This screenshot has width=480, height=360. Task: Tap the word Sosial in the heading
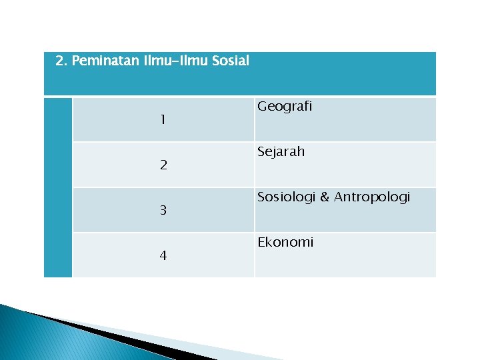tap(231, 61)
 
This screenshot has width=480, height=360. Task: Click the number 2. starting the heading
tap(61, 61)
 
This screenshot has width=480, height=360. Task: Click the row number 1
tap(163, 121)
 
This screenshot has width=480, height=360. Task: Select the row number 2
tap(163, 165)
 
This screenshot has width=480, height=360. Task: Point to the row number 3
tap(163, 211)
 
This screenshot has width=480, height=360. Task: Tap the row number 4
tap(163, 256)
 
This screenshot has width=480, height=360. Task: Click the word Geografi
tap(285, 107)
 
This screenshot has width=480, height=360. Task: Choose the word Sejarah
tap(281, 151)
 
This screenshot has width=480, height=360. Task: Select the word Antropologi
tap(372, 197)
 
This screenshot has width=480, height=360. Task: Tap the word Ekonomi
tap(285, 242)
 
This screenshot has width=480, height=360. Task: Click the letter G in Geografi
tap(261, 106)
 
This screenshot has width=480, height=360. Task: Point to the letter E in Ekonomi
tap(261, 242)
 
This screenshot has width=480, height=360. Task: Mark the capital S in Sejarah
tap(261, 151)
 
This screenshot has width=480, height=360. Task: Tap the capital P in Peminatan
tap(75, 61)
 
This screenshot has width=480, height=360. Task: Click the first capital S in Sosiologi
tap(261, 197)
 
